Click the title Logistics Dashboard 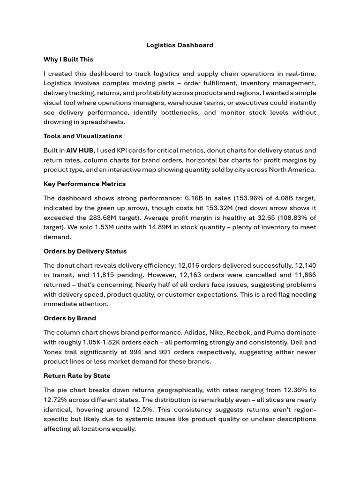(x=180, y=45)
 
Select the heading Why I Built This (x=68, y=60)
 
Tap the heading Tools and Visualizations (x=82, y=136)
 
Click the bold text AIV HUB (x=80, y=150)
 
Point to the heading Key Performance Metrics (x=84, y=184)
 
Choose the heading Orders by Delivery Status (x=85, y=251)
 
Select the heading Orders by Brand (x=69, y=318)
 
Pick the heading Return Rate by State (x=77, y=376)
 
